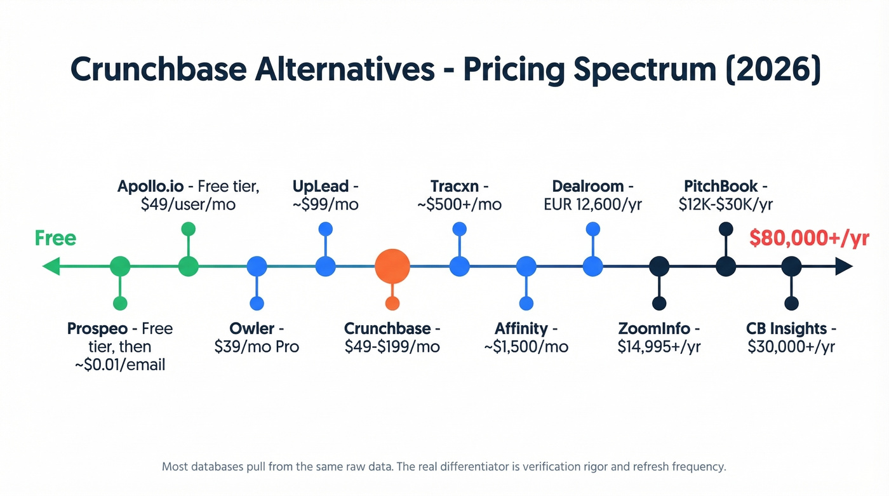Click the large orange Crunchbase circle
point(392,267)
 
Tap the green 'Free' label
point(55,239)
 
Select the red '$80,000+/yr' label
point(809,239)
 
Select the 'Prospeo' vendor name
point(97,329)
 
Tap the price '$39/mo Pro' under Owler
point(257,347)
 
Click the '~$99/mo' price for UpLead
point(326,204)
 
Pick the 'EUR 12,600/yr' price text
point(592,204)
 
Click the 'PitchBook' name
point(721,187)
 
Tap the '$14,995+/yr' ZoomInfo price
point(659,347)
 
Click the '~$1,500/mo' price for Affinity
point(526,347)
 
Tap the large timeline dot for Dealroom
point(592,267)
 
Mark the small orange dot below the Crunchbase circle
point(392,304)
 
